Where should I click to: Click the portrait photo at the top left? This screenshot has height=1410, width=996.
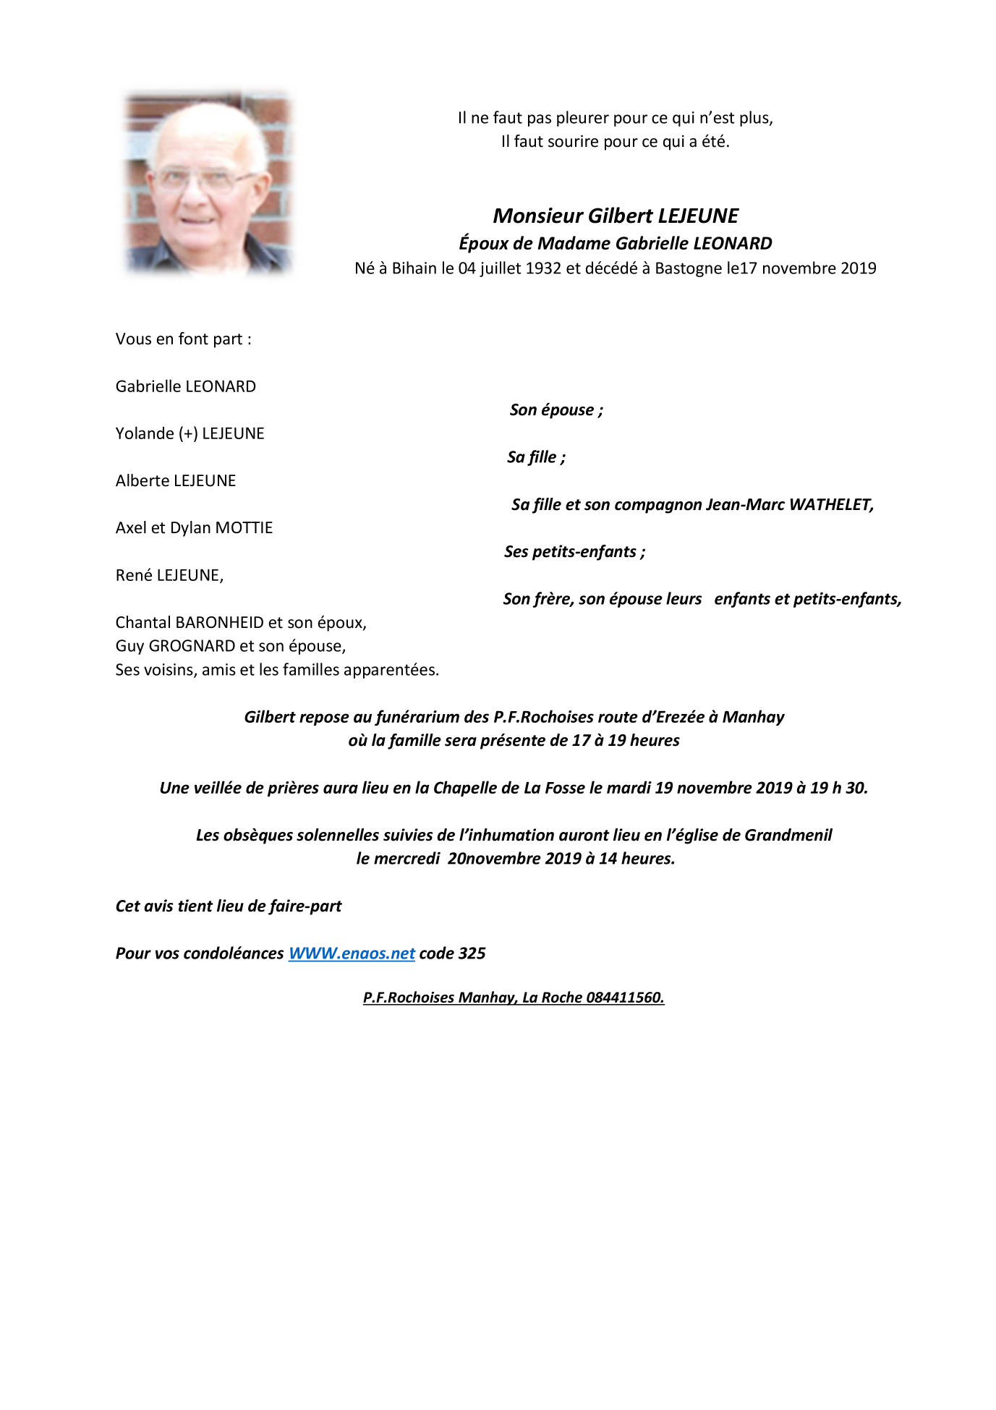208,183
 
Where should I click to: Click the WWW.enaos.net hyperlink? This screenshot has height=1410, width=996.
352,954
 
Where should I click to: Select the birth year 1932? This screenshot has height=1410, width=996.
543,268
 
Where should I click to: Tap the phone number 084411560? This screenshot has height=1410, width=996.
625,998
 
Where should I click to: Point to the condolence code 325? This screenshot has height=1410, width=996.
472,954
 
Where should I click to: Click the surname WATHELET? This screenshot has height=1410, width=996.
831,505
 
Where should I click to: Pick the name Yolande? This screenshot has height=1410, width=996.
145,433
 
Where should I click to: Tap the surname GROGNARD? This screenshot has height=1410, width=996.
192,646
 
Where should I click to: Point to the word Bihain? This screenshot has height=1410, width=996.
414,268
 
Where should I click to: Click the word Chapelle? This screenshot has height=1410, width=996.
464,788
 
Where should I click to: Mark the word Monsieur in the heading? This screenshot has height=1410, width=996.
537,216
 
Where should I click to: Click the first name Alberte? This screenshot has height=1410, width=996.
144,481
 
